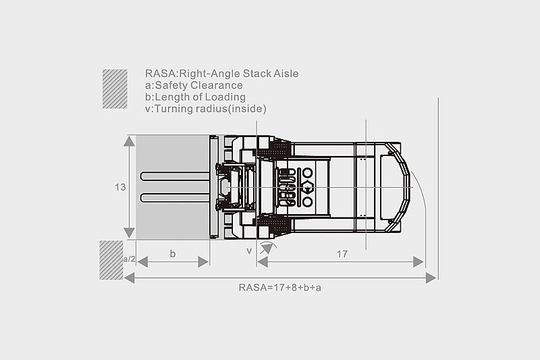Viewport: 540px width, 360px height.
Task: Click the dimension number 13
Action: click(x=120, y=187)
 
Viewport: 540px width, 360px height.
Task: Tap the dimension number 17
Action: click(x=342, y=254)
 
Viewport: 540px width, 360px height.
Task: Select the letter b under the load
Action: click(x=173, y=254)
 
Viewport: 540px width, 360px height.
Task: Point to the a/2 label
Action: click(x=129, y=259)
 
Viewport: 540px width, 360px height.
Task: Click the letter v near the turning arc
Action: click(x=249, y=251)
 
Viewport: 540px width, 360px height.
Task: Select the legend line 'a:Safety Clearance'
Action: click(x=194, y=85)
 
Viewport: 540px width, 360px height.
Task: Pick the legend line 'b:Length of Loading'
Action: click(x=195, y=97)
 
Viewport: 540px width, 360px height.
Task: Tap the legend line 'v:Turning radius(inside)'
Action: click(x=206, y=108)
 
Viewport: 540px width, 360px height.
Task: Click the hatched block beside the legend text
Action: click(x=115, y=88)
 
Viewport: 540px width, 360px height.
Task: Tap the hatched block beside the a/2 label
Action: click(x=111, y=259)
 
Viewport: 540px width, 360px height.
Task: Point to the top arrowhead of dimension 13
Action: click(x=129, y=140)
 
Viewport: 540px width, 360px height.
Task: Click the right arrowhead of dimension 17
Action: click(x=419, y=261)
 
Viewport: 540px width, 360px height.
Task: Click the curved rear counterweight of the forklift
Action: click(x=402, y=182)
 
